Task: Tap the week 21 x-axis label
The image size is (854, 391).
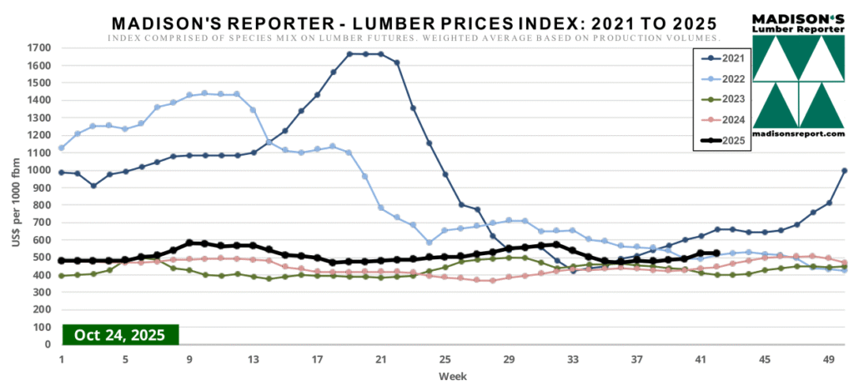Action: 381,359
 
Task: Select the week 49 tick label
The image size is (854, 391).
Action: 828,359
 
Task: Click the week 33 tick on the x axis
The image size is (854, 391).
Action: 573,359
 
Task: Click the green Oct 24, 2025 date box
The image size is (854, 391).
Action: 120,335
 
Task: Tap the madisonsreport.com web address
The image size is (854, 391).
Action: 798,133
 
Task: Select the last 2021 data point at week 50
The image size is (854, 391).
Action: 844,171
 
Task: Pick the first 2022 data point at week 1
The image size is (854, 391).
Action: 62,148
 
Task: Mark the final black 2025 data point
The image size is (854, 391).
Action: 716,253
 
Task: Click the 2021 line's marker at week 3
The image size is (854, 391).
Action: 93,185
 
